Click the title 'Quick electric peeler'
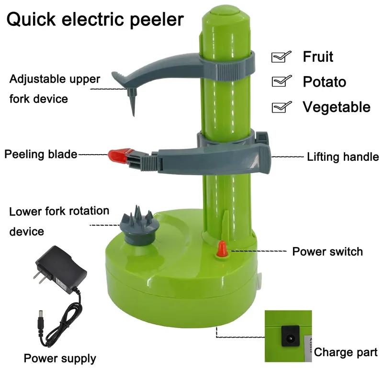tap(95, 20)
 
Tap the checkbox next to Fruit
tap(281, 57)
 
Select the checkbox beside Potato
tap(281, 82)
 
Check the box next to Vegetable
tap(281, 107)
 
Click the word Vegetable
tap(336, 107)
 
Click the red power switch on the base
tap(222, 249)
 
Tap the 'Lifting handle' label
tap(343, 157)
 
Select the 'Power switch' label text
tap(327, 252)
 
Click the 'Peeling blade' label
tap(41, 154)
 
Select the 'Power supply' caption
tap(60, 358)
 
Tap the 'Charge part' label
tap(346, 353)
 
